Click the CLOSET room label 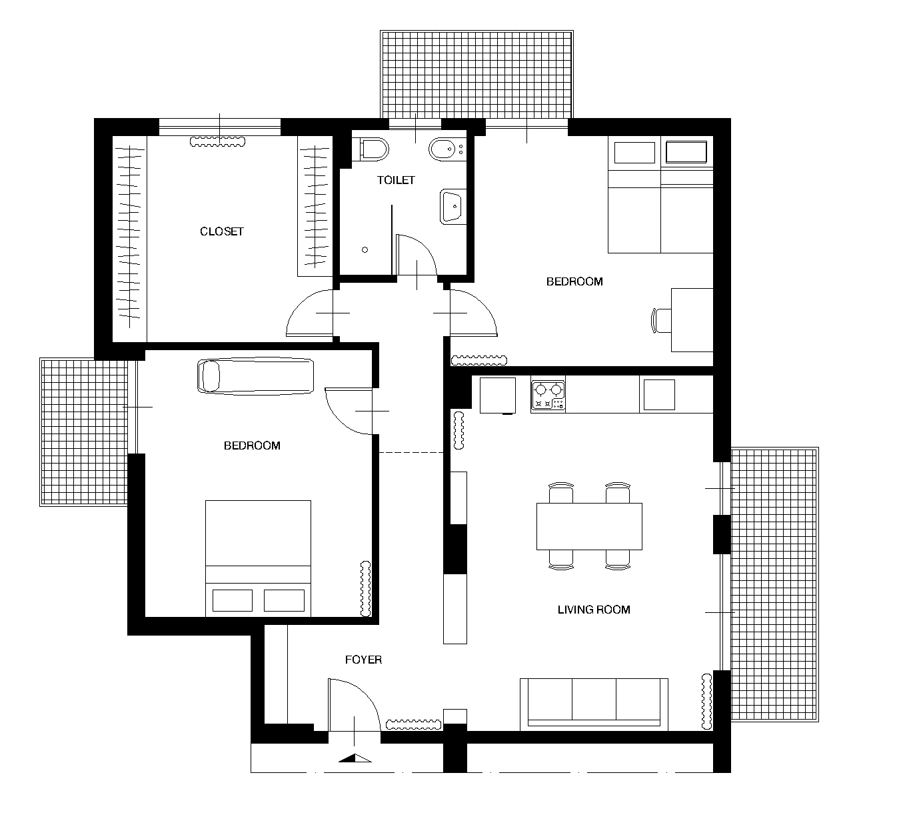pyautogui.click(x=222, y=231)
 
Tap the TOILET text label pyautogui.click(x=396, y=180)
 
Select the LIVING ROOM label pyautogui.click(x=594, y=610)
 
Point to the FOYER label pyautogui.click(x=363, y=660)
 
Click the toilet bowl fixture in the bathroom pyautogui.click(x=374, y=149)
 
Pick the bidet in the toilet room pyautogui.click(x=447, y=149)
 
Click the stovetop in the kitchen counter pyautogui.click(x=548, y=395)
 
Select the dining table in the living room pyautogui.click(x=589, y=526)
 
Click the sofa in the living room pyautogui.click(x=594, y=704)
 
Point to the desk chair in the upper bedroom pyautogui.click(x=661, y=320)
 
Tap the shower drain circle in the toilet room pyautogui.click(x=365, y=250)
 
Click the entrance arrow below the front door pyautogui.click(x=355, y=758)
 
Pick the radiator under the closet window pyautogui.click(x=217, y=142)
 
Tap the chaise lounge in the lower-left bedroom pyautogui.click(x=255, y=376)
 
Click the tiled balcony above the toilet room pyautogui.click(x=476, y=75)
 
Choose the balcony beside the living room pyautogui.click(x=774, y=584)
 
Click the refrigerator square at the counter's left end pyautogui.click(x=498, y=395)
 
